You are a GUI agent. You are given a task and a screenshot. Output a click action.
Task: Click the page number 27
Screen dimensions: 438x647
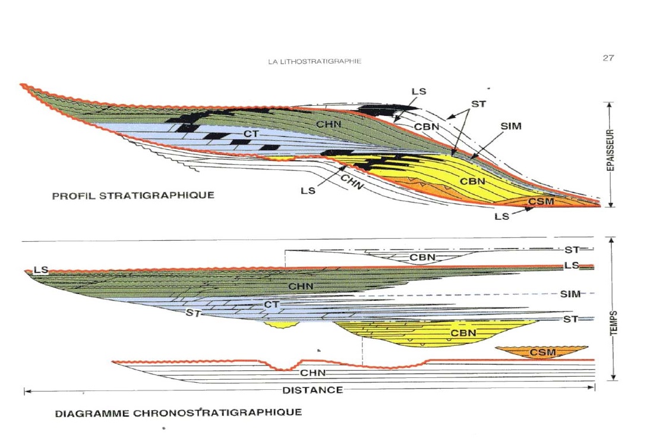point(608,58)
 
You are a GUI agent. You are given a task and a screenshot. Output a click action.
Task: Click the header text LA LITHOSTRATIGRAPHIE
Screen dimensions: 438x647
point(315,61)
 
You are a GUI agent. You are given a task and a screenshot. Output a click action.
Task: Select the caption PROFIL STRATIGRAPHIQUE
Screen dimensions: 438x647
point(133,195)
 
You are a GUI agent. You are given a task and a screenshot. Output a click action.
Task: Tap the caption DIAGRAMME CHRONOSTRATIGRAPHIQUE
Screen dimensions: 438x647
point(178,412)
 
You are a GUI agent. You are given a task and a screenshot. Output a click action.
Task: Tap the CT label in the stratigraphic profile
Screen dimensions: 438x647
point(251,134)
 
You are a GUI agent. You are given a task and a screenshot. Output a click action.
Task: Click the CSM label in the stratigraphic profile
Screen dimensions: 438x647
point(541,201)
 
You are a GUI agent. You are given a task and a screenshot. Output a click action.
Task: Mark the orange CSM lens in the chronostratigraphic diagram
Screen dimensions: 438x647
point(542,352)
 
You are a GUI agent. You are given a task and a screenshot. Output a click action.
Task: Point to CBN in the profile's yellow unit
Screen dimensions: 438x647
point(472,180)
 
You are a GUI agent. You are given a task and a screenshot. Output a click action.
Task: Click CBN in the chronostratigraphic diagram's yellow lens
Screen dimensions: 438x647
point(463,333)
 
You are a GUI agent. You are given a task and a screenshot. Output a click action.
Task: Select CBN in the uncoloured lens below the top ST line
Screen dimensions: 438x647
point(423,258)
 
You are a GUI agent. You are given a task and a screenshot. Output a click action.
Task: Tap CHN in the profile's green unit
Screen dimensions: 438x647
point(328,124)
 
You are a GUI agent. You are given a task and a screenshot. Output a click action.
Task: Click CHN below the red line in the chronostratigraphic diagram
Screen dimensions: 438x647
point(312,373)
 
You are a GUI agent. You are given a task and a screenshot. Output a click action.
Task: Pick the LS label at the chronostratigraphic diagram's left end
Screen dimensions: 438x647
point(41,270)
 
